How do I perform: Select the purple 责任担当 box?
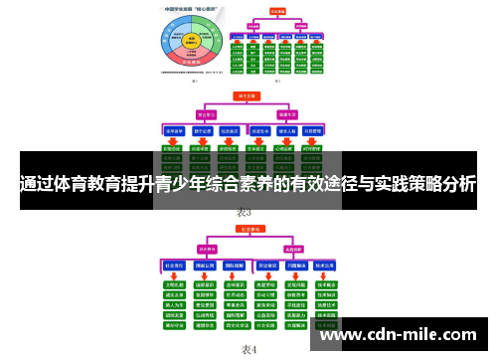coord(209,248)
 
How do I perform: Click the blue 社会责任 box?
coord(176,267)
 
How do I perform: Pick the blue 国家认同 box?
coord(206,267)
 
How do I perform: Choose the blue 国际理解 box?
coord(236,267)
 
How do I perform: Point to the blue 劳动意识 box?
coord(265,267)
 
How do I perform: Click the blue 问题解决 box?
coord(295,267)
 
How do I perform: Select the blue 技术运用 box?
coord(326,267)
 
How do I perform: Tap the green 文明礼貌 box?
coord(176,283)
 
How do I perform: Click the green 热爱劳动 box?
coord(265,283)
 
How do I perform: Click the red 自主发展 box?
coord(246,96)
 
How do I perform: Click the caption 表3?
coord(245,213)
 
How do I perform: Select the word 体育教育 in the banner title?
coord(109,183)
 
